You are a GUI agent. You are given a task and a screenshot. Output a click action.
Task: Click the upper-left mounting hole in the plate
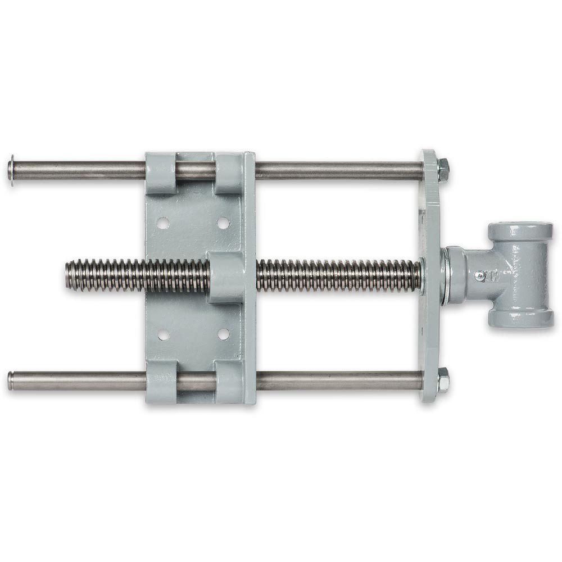coord(164,223)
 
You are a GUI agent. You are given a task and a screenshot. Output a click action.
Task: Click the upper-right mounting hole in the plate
coord(223,223)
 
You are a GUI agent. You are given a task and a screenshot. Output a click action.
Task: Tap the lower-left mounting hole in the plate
coord(164,334)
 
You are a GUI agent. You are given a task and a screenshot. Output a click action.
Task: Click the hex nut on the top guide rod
coord(443,169)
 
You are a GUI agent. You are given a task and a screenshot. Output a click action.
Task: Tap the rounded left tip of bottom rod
coord(11,380)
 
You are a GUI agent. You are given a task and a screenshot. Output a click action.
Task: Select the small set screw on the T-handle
coord(479,275)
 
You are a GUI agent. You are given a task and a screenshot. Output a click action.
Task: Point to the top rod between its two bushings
coord(196,169)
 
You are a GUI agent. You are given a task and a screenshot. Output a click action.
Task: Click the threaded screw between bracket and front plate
coord(337,275)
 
